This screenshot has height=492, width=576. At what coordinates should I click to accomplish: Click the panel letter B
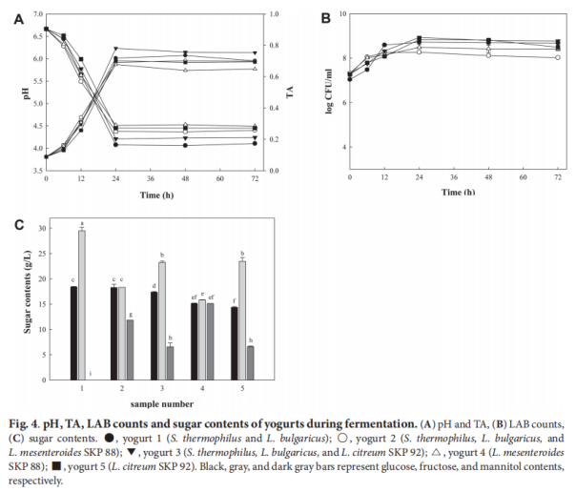pos(326,17)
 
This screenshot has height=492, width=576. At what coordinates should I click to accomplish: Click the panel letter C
pos(16,225)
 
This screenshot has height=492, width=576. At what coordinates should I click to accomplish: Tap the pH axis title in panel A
pos(9,92)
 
